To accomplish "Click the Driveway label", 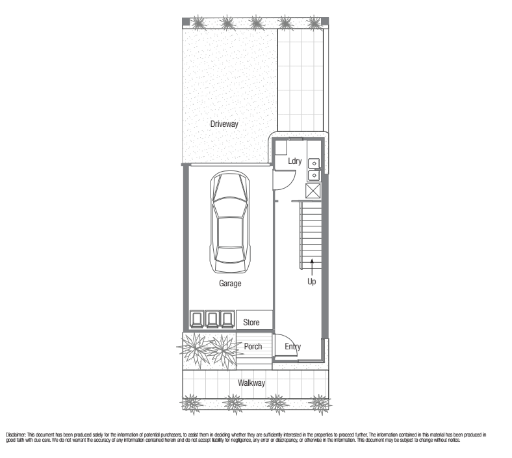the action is (x=224, y=124).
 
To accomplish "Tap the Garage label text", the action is (x=230, y=283).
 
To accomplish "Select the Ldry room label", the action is (x=294, y=161).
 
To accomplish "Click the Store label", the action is (x=251, y=322).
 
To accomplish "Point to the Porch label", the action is (x=253, y=346).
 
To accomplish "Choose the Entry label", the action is (x=292, y=347).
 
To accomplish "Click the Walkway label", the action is (x=251, y=383).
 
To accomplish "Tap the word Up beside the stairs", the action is (x=311, y=282).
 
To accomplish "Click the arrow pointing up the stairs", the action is (x=312, y=267).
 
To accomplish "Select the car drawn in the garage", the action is (x=230, y=222).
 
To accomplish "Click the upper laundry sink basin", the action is (x=314, y=163).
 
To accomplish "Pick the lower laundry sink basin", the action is (x=314, y=176).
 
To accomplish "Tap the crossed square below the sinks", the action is (x=313, y=190).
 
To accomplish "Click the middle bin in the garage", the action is (x=212, y=319).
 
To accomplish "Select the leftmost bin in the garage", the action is (x=197, y=319).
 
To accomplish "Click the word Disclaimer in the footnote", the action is (x=16, y=435).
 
